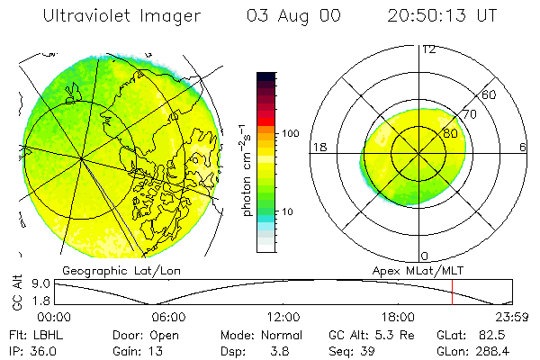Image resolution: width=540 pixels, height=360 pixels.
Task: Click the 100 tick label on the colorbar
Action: point(290,133)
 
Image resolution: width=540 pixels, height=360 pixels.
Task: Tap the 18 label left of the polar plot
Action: point(319,147)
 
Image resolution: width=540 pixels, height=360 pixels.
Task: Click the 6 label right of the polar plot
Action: point(523,147)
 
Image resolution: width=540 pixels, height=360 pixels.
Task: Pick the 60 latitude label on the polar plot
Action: point(490,94)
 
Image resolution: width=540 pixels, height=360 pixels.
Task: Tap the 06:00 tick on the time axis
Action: point(168,317)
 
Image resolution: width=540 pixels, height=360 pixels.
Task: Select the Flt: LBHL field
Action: point(33,335)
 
